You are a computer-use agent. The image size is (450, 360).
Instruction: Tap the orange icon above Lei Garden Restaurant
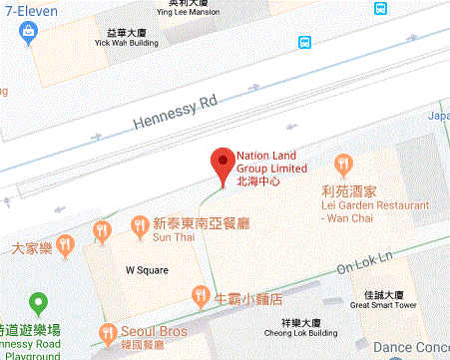345,164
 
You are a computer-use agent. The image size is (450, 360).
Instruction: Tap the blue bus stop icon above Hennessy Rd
304,43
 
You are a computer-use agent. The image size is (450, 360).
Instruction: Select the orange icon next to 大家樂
67,243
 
